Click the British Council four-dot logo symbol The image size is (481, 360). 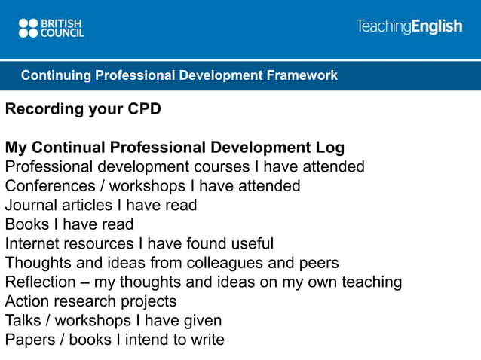click(28, 28)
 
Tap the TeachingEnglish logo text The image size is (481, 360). click(409, 26)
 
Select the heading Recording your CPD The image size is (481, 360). click(83, 109)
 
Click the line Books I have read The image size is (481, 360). click(69, 224)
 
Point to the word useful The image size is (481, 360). click(251, 244)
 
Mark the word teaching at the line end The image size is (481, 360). click(369, 282)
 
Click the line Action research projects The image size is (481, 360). click(90, 302)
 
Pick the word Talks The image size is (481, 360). click(23, 321)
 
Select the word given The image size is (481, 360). click(202, 321)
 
